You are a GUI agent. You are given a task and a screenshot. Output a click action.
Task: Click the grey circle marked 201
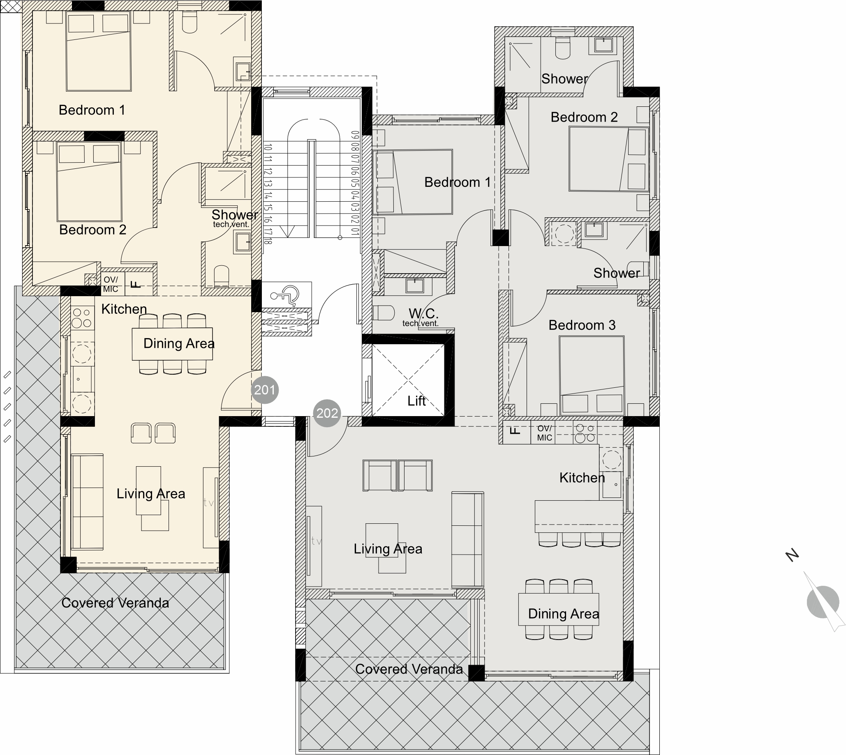point(264,390)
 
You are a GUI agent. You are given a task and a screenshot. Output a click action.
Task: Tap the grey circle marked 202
point(327,413)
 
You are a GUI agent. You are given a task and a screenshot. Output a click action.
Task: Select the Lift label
point(416,401)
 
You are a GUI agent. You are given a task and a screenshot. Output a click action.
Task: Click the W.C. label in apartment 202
point(423,313)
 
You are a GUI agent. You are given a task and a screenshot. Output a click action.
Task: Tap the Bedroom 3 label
point(582,325)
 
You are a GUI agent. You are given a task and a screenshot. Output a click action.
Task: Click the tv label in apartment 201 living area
point(209,503)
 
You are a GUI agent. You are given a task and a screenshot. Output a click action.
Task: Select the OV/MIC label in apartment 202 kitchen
point(544,433)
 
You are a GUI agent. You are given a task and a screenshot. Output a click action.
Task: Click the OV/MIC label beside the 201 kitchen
point(111,285)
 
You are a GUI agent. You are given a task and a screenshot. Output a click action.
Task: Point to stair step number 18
point(268,240)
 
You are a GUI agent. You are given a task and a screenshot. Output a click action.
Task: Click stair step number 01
point(355,231)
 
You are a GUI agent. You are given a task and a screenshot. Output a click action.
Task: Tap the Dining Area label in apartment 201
point(178,343)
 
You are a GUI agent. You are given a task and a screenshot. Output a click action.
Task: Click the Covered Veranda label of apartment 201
point(115,603)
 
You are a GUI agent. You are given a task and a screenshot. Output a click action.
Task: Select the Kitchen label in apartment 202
point(582,478)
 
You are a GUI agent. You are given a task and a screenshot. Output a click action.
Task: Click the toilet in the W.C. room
point(383,313)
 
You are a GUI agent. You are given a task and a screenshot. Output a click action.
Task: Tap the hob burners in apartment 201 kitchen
point(82,318)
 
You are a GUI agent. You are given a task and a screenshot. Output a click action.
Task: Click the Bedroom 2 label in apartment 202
point(584,117)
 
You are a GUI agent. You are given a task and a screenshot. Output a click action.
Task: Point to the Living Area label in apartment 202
point(388,549)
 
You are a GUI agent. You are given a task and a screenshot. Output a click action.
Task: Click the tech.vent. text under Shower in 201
point(231,224)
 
